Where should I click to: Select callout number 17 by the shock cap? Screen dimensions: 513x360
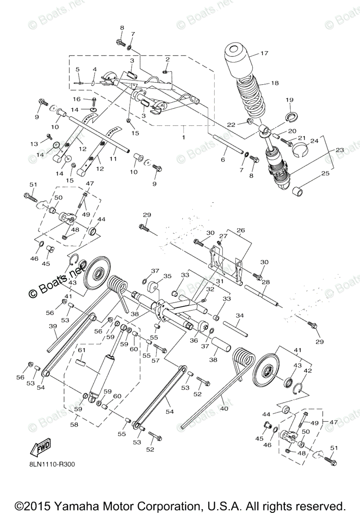[x=264, y=54]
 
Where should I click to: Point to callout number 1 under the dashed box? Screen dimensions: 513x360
[x=184, y=138]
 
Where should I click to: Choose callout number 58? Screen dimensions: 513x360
[x=74, y=425]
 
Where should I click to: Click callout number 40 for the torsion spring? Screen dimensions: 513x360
[x=224, y=408]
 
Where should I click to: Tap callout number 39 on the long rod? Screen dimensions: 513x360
[x=53, y=326]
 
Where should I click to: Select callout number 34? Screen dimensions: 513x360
[x=239, y=315]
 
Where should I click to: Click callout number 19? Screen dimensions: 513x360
[x=289, y=100]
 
